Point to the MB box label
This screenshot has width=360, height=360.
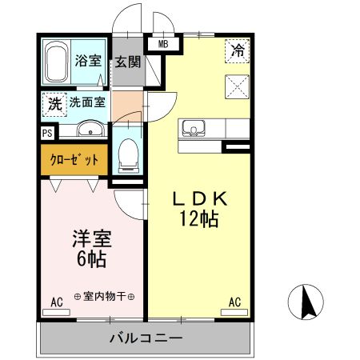(163, 44)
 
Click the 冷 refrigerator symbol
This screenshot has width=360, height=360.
(238, 50)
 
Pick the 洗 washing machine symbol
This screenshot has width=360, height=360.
(54, 103)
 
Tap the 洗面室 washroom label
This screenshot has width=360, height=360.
(86, 102)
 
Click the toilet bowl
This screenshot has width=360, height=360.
(129, 155)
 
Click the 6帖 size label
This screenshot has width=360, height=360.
(93, 259)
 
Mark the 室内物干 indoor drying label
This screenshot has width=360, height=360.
(104, 296)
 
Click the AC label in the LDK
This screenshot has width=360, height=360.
(235, 302)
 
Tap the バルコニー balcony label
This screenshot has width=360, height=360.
(146, 338)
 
